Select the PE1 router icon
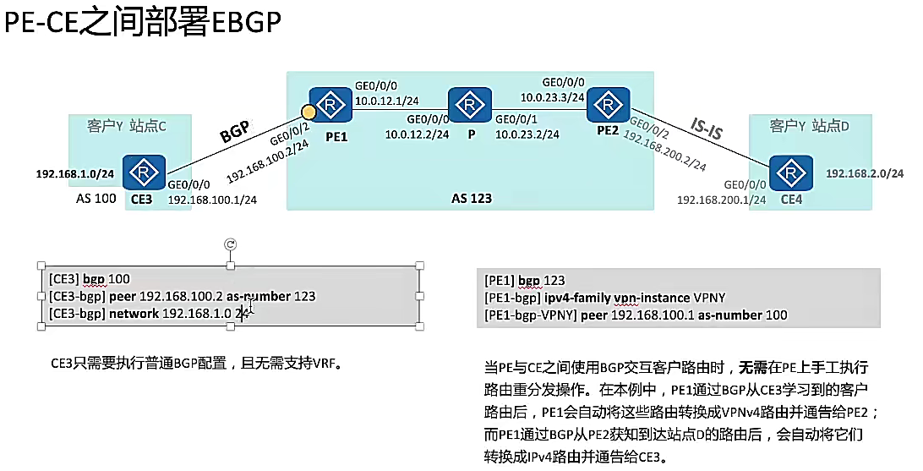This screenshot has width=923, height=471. (x=330, y=105)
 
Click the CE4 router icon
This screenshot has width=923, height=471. (x=792, y=173)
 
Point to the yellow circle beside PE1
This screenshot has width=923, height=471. (x=309, y=112)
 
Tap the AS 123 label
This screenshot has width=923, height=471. (x=472, y=199)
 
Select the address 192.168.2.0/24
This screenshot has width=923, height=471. (x=865, y=173)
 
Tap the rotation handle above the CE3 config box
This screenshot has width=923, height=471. (x=230, y=244)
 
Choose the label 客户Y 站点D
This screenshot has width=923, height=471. (x=810, y=126)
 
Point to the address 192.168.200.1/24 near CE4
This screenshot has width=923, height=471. (x=721, y=200)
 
